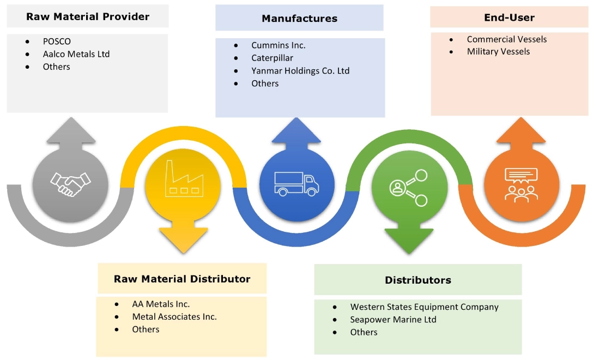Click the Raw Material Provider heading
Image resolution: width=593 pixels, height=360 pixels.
click(88, 17)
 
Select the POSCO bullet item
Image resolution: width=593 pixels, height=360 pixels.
click(57, 41)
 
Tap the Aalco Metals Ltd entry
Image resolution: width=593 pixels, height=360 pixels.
click(76, 54)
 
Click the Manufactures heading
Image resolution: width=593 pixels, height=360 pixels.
click(299, 19)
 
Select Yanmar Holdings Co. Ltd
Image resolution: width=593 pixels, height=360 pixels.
click(300, 71)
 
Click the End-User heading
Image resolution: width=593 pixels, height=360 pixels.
click(509, 17)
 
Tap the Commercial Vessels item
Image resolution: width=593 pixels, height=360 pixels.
click(506, 39)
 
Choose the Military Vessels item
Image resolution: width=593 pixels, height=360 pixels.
click(498, 51)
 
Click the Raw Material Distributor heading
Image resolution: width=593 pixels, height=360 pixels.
click(182, 279)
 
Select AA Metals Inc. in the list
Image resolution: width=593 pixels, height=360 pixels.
click(161, 304)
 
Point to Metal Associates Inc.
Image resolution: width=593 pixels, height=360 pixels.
click(174, 317)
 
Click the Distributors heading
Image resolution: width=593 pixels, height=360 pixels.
click(418, 280)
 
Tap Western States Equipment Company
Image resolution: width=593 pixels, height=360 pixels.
click(424, 307)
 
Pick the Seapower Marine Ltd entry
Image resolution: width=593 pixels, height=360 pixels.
click(393, 320)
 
